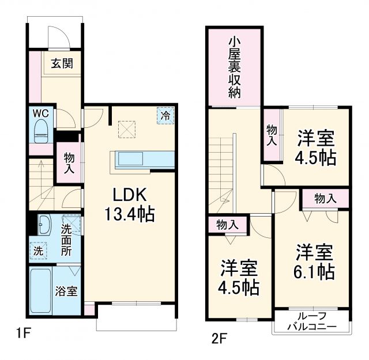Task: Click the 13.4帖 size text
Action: [x=129, y=214]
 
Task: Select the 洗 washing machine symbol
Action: [x=37, y=251]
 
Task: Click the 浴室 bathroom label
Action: [x=66, y=291]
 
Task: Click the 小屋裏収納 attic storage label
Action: [x=234, y=67]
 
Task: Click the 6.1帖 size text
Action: [x=315, y=271]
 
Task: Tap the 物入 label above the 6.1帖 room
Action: [x=325, y=199]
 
